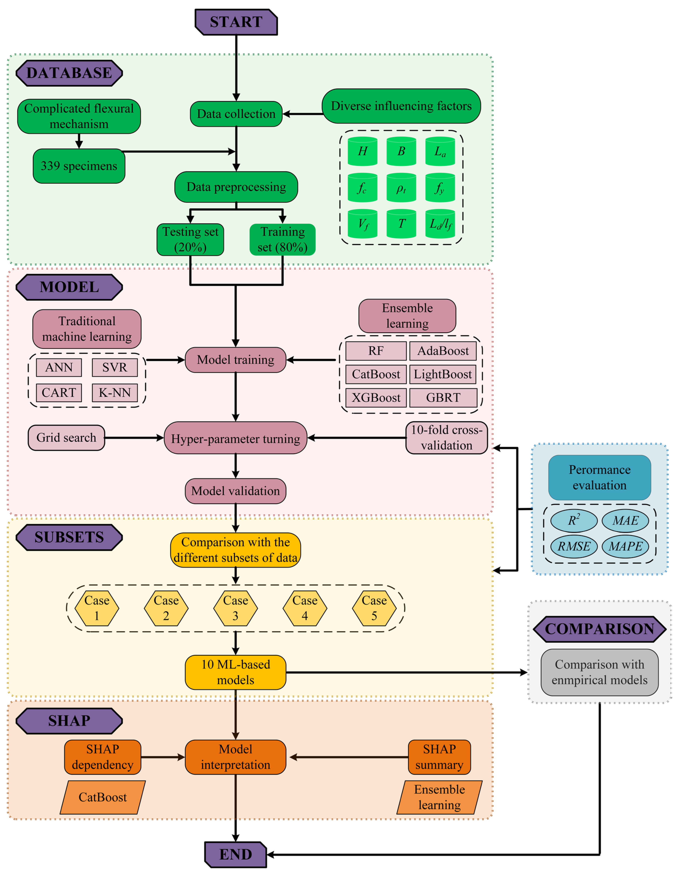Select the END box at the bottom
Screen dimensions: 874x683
coord(236,854)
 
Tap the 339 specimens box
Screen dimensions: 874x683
coord(79,166)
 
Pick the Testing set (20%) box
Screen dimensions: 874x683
coord(190,239)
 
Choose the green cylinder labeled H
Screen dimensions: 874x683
coord(362,151)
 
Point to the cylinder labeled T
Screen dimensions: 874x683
coord(401,224)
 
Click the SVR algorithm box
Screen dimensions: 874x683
coord(115,367)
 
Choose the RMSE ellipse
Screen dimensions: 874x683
coord(574,546)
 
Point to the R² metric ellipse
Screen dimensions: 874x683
coord(574,521)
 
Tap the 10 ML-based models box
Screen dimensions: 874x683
coord(236,672)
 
